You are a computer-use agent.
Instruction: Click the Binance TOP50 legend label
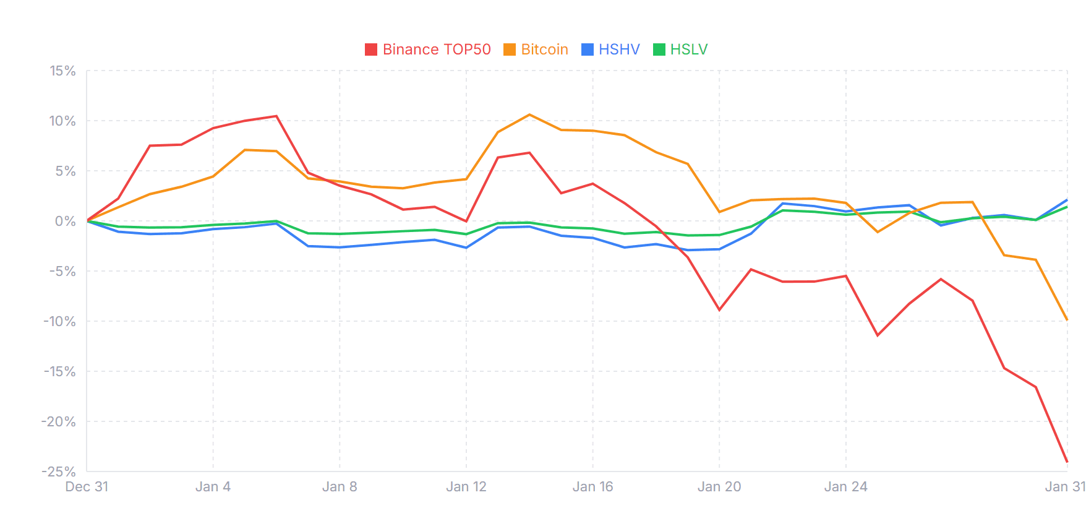[437, 50]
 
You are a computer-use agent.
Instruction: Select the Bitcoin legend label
[544, 50]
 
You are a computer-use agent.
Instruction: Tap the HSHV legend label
[619, 50]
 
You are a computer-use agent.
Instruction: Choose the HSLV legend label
[689, 50]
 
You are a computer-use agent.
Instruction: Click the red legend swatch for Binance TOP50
[371, 50]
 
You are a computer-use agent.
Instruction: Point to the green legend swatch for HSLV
[659, 50]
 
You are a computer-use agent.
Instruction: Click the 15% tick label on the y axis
[63, 71]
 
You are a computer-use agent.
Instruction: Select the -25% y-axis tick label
[59, 471]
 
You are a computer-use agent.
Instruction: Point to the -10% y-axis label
[59, 322]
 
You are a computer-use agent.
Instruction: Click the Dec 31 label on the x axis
[87, 487]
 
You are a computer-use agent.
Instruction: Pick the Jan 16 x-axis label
[592, 487]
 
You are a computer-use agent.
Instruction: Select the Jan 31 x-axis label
[1065, 487]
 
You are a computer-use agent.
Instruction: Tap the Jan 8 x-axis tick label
[340, 487]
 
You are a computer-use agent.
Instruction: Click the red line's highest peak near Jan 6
[276, 116]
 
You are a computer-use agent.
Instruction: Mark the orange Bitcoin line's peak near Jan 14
[529, 114]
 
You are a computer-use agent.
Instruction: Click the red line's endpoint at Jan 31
[1067, 462]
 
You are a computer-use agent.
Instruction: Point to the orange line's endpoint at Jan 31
[1067, 319]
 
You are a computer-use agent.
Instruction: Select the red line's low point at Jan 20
[719, 310]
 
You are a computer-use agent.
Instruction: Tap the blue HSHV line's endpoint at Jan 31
[1067, 200]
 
